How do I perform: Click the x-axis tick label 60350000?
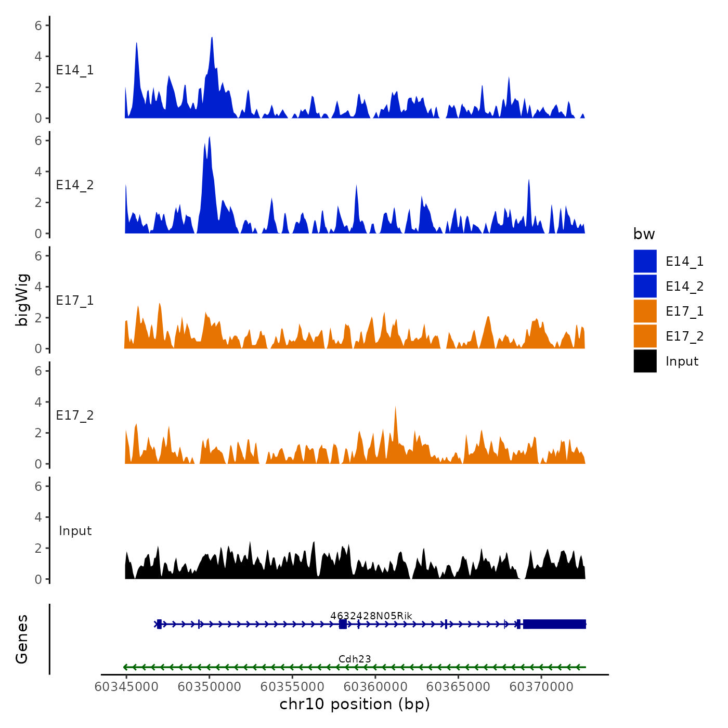click(x=209, y=686)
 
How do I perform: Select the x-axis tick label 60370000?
click(x=541, y=686)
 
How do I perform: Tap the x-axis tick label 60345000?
click(x=126, y=686)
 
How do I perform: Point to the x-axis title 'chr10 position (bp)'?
click(x=355, y=704)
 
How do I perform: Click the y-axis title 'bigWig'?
click(x=22, y=300)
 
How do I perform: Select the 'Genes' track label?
click(x=22, y=639)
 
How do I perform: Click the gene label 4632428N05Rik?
click(x=371, y=616)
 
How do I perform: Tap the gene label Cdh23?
click(x=355, y=659)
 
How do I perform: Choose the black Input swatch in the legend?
click(x=645, y=361)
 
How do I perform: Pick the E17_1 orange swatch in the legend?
click(x=645, y=311)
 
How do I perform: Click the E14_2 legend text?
click(x=684, y=287)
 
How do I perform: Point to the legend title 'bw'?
click(x=644, y=235)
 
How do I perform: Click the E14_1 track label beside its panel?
click(x=75, y=70)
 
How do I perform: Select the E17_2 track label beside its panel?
click(x=75, y=415)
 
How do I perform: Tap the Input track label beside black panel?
click(x=75, y=531)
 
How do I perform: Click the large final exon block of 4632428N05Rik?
click(x=554, y=624)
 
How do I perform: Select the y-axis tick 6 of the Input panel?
click(x=38, y=486)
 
